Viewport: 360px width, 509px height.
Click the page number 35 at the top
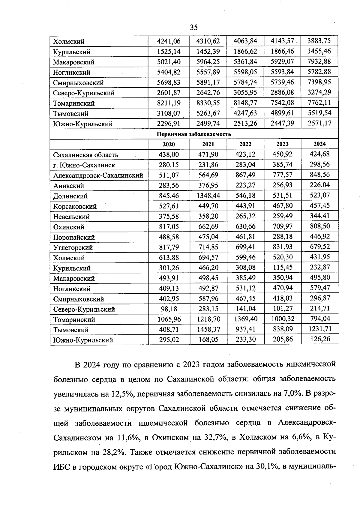[x=194, y=28]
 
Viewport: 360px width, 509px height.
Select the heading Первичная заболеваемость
[x=194, y=134]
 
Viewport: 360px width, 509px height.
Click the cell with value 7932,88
[x=319, y=61]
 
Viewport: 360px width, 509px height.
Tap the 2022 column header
[x=245, y=144]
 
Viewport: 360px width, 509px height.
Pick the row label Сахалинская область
[x=85, y=155]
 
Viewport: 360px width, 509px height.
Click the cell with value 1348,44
[x=208, y=196]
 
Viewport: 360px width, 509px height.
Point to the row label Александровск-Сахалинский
[x=98, y=175]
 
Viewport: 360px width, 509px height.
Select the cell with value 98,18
[x=169, y=309]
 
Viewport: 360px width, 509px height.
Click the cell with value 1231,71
[x=319, y=329]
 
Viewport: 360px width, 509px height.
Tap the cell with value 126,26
[x=319, y=339]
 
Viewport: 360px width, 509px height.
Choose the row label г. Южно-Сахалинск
[x=84, y=165]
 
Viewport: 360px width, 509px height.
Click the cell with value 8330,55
[x=208, y=103]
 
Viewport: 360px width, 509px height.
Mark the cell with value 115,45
[x=282, y=268]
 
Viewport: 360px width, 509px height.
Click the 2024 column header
[x=319, y=144]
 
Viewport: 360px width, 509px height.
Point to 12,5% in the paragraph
[x=121, y=394]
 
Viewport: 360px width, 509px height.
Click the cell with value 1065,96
[x=169, y=319]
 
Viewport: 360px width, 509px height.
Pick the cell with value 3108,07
[x=169, y=113]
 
